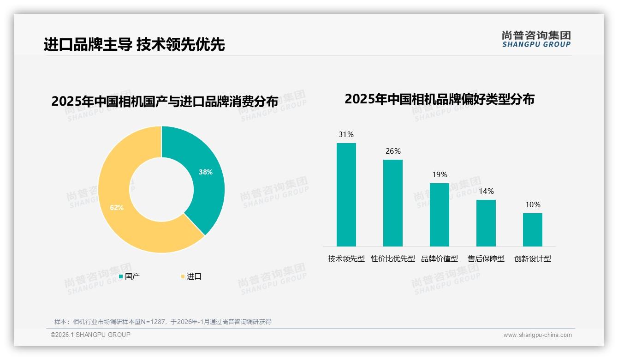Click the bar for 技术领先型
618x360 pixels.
click(346, 194)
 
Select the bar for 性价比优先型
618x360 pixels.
click(392, 203)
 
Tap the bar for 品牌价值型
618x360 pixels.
click(439, 215)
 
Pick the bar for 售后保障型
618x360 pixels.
click(486, 223)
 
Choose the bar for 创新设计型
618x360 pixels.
click(532, 229)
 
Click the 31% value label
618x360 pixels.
click(346, 135)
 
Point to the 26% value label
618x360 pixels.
click(392, 151)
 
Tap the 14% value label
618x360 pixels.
click(486, 191)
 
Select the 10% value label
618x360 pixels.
click(532, 204)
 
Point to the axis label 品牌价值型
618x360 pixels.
click(439, 259)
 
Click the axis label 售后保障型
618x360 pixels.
click(486, 259)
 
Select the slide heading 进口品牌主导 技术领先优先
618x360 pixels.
click(134, 45)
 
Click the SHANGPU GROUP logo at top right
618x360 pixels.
click(536, 39)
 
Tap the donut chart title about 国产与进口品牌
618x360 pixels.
click(165, 102)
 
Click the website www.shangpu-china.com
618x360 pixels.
click(537, 335)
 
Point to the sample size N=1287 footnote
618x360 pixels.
click(162, 322)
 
